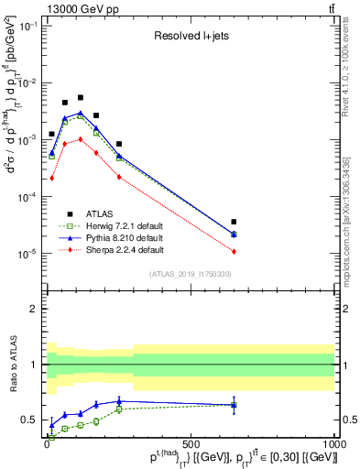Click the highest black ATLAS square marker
(81, 97)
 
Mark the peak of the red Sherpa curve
(81, 139)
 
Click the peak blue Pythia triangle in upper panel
(81, 113)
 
